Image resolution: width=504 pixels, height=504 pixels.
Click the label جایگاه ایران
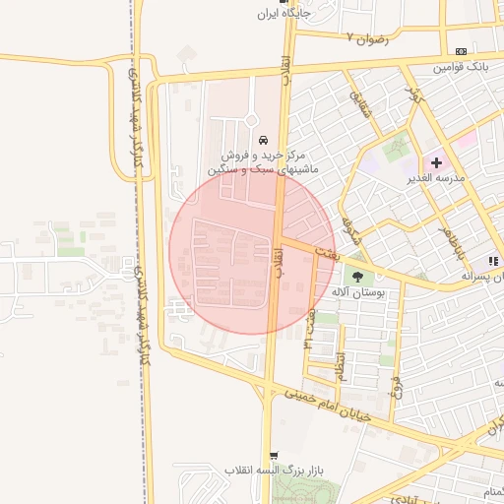pos(283,14)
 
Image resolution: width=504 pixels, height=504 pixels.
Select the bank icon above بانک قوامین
pos(461,51)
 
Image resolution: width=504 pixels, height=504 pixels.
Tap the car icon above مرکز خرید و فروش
pos(263,140)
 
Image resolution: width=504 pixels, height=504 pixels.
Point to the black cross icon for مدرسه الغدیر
pos(436,162)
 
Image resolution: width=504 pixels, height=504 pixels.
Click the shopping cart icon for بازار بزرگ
pos(274,456)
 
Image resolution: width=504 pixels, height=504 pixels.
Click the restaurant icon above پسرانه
pos(491,261)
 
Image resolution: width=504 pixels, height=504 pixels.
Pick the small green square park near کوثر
pos(397,149)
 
